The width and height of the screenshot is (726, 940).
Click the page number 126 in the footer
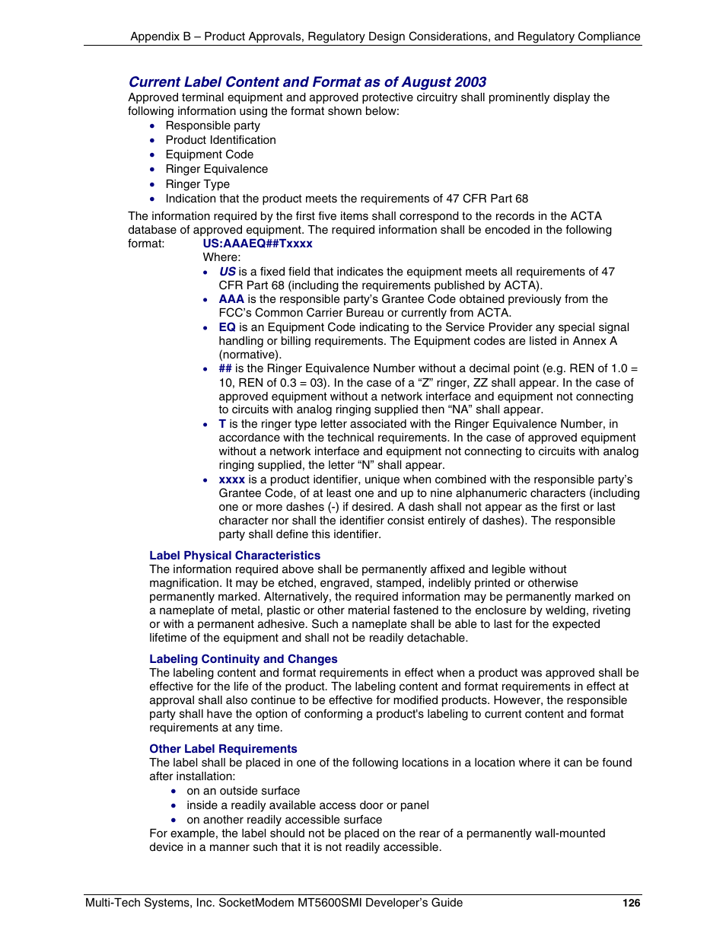(631, 903)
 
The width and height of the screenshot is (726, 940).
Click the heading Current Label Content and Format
(307, 82)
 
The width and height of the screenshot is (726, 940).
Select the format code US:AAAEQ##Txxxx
(257, 244)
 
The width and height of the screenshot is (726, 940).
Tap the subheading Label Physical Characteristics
(234, 556)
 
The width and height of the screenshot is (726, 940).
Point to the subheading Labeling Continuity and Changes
(243, 659)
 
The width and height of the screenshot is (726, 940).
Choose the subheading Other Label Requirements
(223, 749)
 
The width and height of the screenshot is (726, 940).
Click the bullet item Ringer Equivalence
(216, 169)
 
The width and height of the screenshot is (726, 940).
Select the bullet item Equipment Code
(209, 155)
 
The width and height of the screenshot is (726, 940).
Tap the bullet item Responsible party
(212, 126)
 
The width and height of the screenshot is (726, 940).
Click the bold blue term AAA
(231, 299)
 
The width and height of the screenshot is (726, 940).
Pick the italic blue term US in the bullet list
(228, 272)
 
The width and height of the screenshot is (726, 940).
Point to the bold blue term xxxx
(231, 480)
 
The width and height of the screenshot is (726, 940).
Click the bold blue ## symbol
(225, 368)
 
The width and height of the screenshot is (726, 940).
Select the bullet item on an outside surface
(243, 791)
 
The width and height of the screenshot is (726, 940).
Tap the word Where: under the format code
(221, 257)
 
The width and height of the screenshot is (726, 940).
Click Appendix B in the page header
(161, 37)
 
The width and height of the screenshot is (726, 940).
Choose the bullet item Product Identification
(221, 140)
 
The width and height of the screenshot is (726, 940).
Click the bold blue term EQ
(227, 327)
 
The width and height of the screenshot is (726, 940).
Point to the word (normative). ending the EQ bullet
(250, 355)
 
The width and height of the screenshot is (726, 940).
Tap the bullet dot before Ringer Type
(152, 184)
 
